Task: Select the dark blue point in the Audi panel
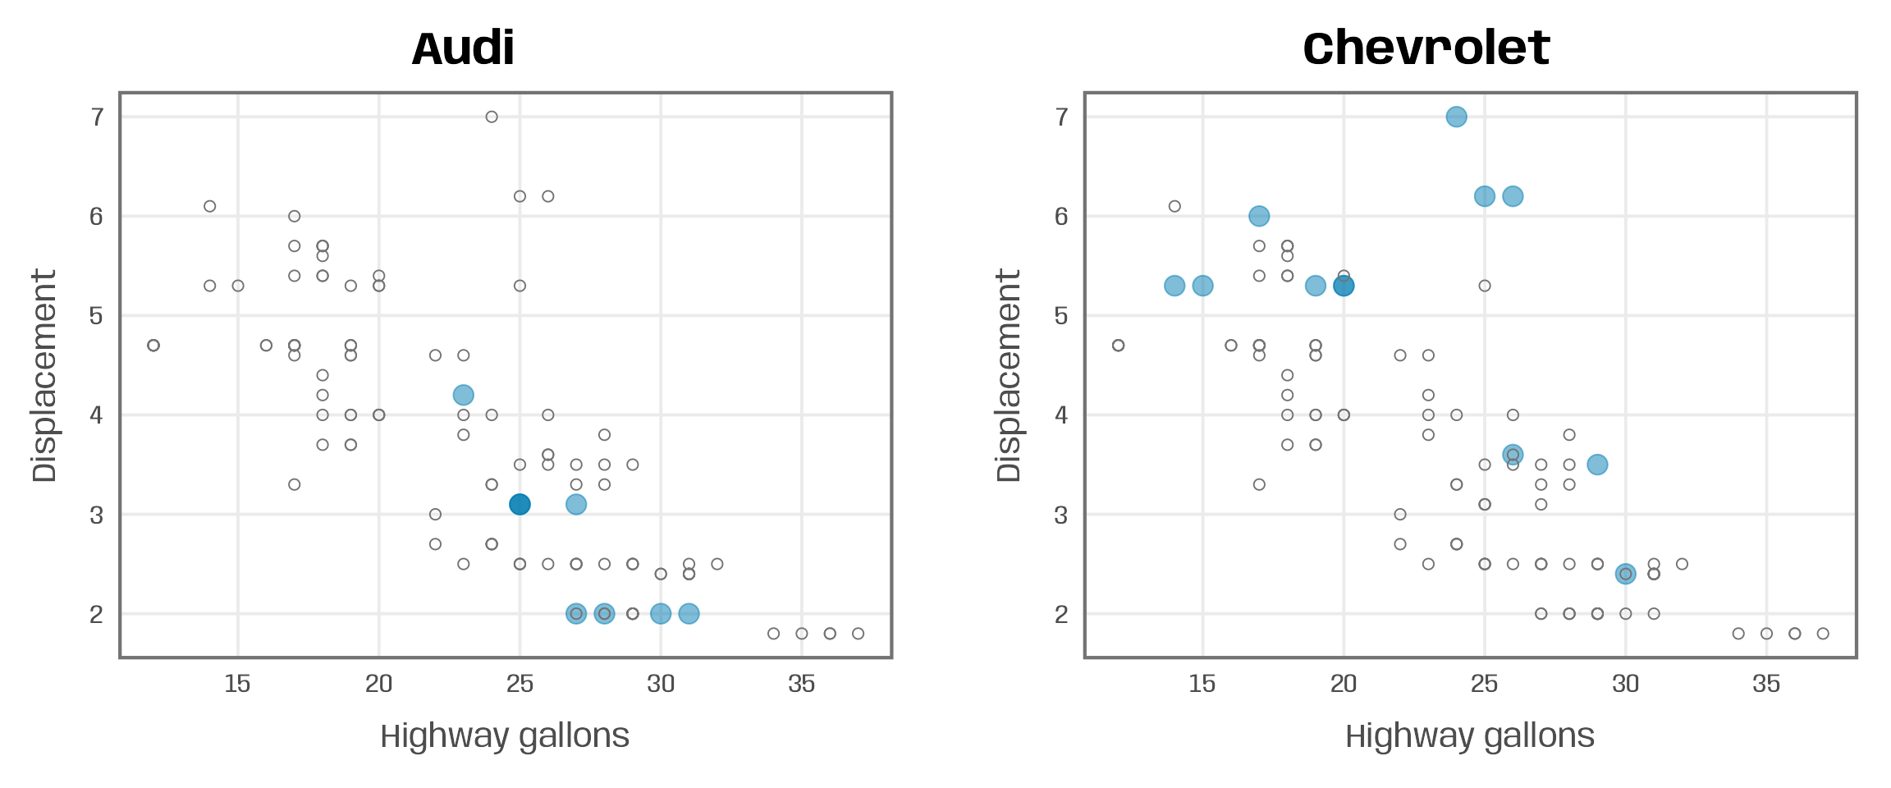click(x=520, y=504)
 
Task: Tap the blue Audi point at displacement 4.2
click(x=463, y=395)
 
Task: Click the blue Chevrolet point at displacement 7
click(x=1456, y=117)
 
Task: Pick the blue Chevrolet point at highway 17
click(x=1259, y=216)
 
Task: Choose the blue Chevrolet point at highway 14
click(x=1174, y=286)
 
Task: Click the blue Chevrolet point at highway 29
click(x=1597, y=465)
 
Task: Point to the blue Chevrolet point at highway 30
click(x=1625, y=574)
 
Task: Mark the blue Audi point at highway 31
click(x=689, y=613)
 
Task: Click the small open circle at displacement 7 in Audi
click(x=492, y=117)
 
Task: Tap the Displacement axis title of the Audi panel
click(x=44, y=375)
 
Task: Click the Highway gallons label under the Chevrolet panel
click(x=1469, y=735)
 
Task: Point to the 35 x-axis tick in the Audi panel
click(x=802, y=684)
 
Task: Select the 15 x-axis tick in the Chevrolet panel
click(x=1202, y=684)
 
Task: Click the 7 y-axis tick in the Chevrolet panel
click(x=1062, y=117)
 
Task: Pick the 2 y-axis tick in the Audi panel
click(x=97, y=614)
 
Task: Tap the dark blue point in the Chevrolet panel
click(x=1344, y=286)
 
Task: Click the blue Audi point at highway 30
click(x=661, y=613)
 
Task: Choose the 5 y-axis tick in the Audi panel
click(x=97, y=316)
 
